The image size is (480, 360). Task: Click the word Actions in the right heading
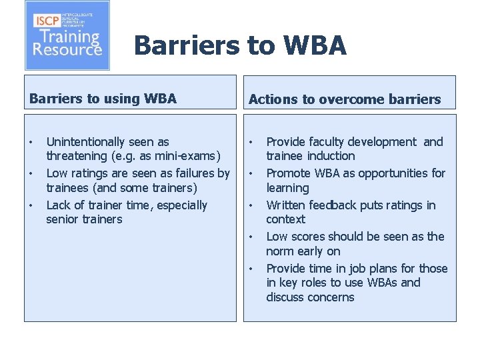[273, 100]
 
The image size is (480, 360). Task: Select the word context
[285, 219]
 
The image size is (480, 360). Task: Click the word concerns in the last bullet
[331, 297]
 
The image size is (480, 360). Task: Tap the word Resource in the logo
[67, 49]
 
